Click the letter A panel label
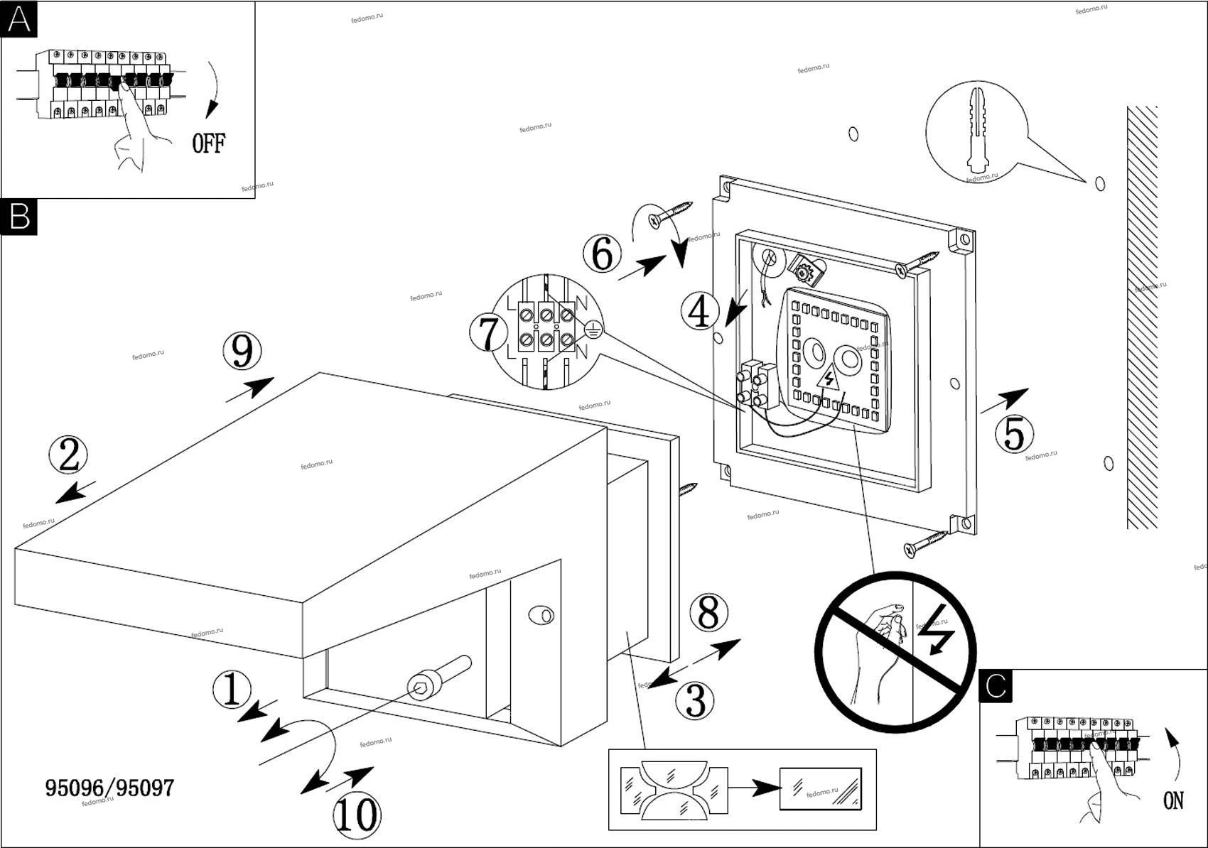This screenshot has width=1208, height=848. (x=19, y=19)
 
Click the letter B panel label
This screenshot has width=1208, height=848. (x=19, y=216)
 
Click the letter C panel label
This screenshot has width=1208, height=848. (x=996, y=686)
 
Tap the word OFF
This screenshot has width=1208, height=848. (x=209, y=143)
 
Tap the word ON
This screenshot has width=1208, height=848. (x=1173, y=801)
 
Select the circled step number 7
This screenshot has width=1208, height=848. (x=488, y=334)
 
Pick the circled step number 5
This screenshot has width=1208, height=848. (x=1013, y=434)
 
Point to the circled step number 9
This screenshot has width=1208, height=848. (x=242, y=351)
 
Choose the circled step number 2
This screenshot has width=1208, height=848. (x=68, y=455)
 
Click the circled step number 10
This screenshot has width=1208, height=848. (x=356, y=815)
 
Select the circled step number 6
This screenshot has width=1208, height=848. (x=602, y=254)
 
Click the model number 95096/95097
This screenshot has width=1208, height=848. (x=109, y=788)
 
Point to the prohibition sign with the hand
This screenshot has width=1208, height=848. (x=895, y=651)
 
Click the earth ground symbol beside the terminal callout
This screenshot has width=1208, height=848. (x=593, y=329)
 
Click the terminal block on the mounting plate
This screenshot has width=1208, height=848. (x=755, y=385)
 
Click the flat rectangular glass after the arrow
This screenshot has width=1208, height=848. (x=820, y=788)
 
